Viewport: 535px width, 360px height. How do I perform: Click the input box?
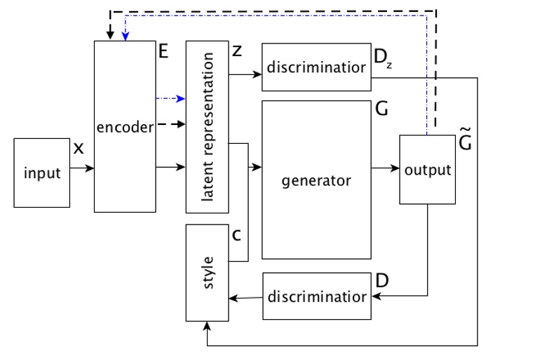pyautogui.click(x=42, y=173)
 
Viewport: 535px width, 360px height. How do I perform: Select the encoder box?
pyautogui.click(x=125, y=126)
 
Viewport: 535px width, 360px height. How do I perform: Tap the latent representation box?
pyautogui.click(x=207, y=126)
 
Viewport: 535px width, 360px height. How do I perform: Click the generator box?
pyautogui.click(x=316, y=180)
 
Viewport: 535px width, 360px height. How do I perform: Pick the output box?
pyautogui.click(x=427, y=169)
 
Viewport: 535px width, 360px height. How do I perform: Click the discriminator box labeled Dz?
pyautogui.click(x=316, y=67)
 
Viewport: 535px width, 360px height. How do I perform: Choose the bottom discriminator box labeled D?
pyautogui.click(x=316, y=296)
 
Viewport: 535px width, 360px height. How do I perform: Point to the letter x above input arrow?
pyautogui.click(x=79, y=149)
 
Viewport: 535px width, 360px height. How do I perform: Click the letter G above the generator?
pyautogui.click(x=382, y=109)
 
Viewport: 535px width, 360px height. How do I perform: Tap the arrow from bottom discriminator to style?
pyautogui.click(x=245, y=298)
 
